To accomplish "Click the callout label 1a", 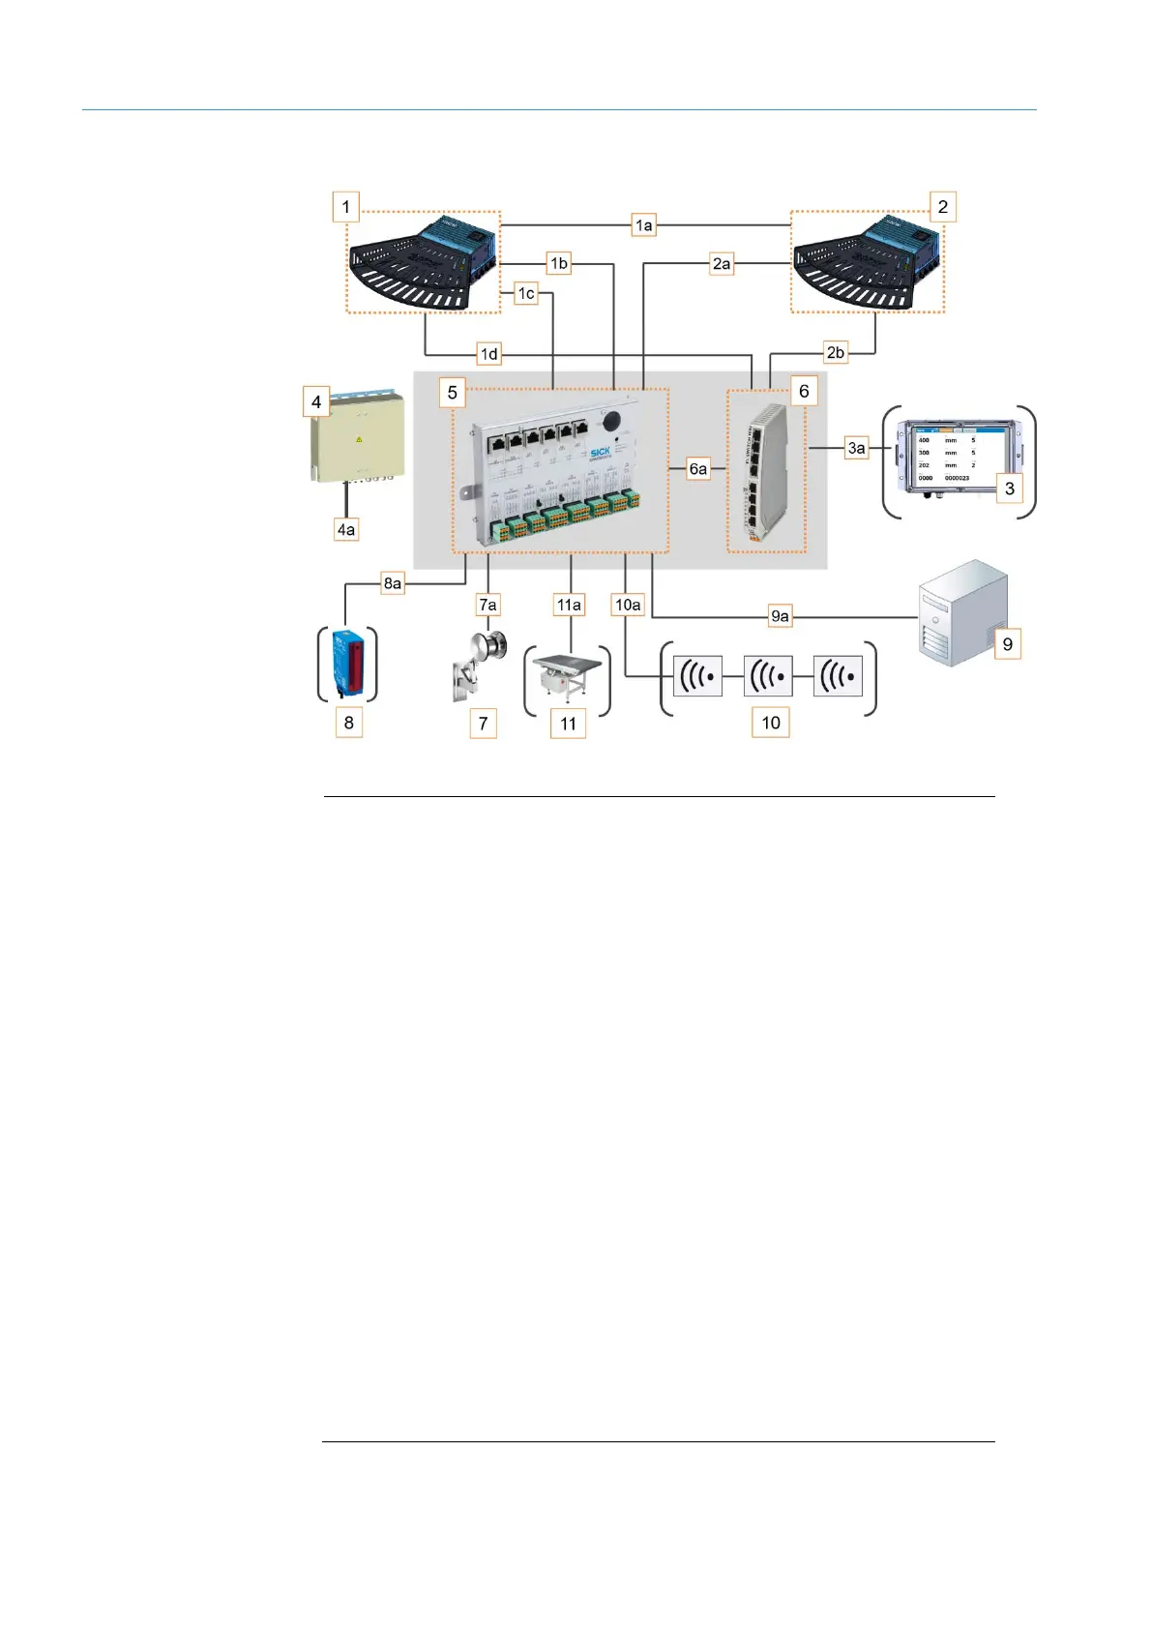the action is pyautogui.click(x=643, y=225).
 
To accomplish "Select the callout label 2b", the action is pyautogui.click(x=835, y=352).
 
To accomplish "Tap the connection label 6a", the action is pyautogui.click(x=697, y=469).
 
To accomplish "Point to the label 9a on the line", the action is pyautogui.click(x=780, y=616).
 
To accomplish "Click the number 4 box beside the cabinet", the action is pyautogui.click(x=316, y=402).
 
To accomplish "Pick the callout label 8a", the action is pyautogui.click(x=392, y=583).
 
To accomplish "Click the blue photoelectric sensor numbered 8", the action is pyautogui.click(x=348, y=663).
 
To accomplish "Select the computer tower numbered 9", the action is pyautogui.click(x=962, y=611).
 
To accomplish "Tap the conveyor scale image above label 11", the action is pyautogui.click(x=569, y=677).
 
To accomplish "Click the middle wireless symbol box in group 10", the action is pyautogui.click(x=768, y=676).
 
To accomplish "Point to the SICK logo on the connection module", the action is pyautogui.click(x=601, y=453).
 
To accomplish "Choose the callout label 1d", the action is pyautogui.click(x=489, y=354).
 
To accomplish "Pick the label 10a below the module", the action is pyautogui.click(x=628, y=605).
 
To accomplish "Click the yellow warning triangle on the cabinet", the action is pyautogui.click(x=359, y=439).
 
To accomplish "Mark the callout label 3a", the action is pyautogui.click(x=856, y=448).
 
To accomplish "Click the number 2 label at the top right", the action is pyautogui.click(x=942, y=207).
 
